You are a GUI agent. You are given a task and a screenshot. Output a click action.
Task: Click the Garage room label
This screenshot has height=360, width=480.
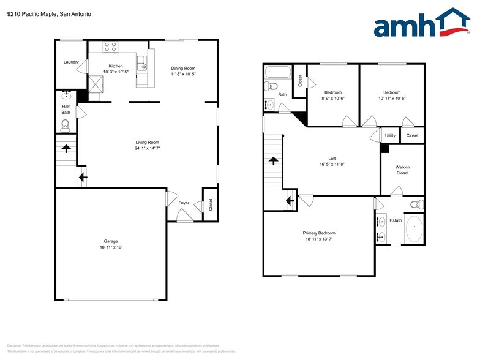(110, 241)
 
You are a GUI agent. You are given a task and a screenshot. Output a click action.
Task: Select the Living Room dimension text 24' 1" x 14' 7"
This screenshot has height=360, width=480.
(148, 148)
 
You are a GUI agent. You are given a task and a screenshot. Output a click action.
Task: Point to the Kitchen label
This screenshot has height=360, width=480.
(116, 66)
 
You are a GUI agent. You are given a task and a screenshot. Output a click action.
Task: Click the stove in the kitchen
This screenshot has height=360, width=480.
(110, 47)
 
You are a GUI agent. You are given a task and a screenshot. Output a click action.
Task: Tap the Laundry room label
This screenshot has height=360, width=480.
(71, 62)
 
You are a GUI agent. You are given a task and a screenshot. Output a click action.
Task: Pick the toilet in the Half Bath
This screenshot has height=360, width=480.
(66, 126)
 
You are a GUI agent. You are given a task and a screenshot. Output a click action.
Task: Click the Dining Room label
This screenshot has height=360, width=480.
(183, 68)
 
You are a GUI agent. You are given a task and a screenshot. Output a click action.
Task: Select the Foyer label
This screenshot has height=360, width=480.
(184, 203)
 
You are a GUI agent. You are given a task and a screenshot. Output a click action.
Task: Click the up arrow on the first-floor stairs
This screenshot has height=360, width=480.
(65, 148)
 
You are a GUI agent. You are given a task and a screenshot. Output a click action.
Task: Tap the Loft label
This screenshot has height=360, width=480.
(332, 158)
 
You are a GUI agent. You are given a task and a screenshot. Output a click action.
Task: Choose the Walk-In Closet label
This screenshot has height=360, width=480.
(402, 170)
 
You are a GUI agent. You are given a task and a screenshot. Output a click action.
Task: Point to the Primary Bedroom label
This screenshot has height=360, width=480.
(319, 233)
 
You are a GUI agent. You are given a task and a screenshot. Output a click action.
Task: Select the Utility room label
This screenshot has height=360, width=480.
(390, 135)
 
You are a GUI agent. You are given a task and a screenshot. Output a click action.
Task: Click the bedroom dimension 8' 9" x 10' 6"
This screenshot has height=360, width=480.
(333, 98)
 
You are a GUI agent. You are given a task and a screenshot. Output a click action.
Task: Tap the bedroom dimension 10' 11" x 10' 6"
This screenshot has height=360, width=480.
(392, 98)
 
